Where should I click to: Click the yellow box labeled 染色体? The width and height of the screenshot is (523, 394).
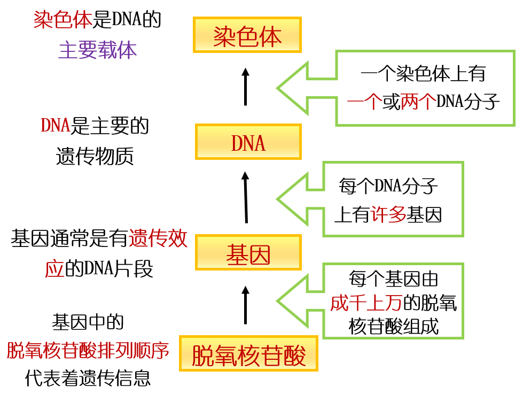247,35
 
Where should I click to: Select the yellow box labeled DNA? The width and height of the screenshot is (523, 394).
248,142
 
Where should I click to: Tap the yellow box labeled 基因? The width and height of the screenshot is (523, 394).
248,253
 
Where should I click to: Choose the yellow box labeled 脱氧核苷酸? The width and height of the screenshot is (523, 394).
248,354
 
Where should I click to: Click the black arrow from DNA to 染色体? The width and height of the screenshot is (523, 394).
245,87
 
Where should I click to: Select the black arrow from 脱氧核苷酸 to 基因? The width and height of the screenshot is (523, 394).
246,305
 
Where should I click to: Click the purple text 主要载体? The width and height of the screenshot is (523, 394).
97,50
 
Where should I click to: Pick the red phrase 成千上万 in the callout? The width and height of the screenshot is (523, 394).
365,303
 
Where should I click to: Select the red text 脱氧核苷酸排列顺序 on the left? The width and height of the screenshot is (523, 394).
88,351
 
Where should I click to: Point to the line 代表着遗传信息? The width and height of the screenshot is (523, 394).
88,378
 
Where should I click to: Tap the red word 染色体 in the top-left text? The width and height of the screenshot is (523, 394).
63,20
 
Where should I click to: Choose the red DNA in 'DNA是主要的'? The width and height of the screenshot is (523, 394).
56,126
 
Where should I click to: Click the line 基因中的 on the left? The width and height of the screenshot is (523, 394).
88,322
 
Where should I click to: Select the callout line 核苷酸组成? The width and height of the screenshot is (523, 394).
393,326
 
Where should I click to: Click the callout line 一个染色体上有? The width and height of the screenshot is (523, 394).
423,73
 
